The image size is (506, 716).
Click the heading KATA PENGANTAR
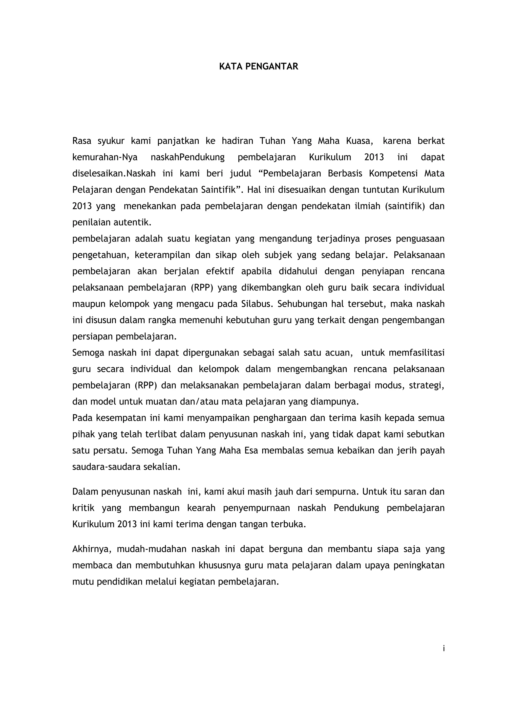pos(259,67)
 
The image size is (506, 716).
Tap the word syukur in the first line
pos(111,141)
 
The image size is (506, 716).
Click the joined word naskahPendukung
pos(188,157)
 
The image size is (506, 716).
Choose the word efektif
pos(220,271)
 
